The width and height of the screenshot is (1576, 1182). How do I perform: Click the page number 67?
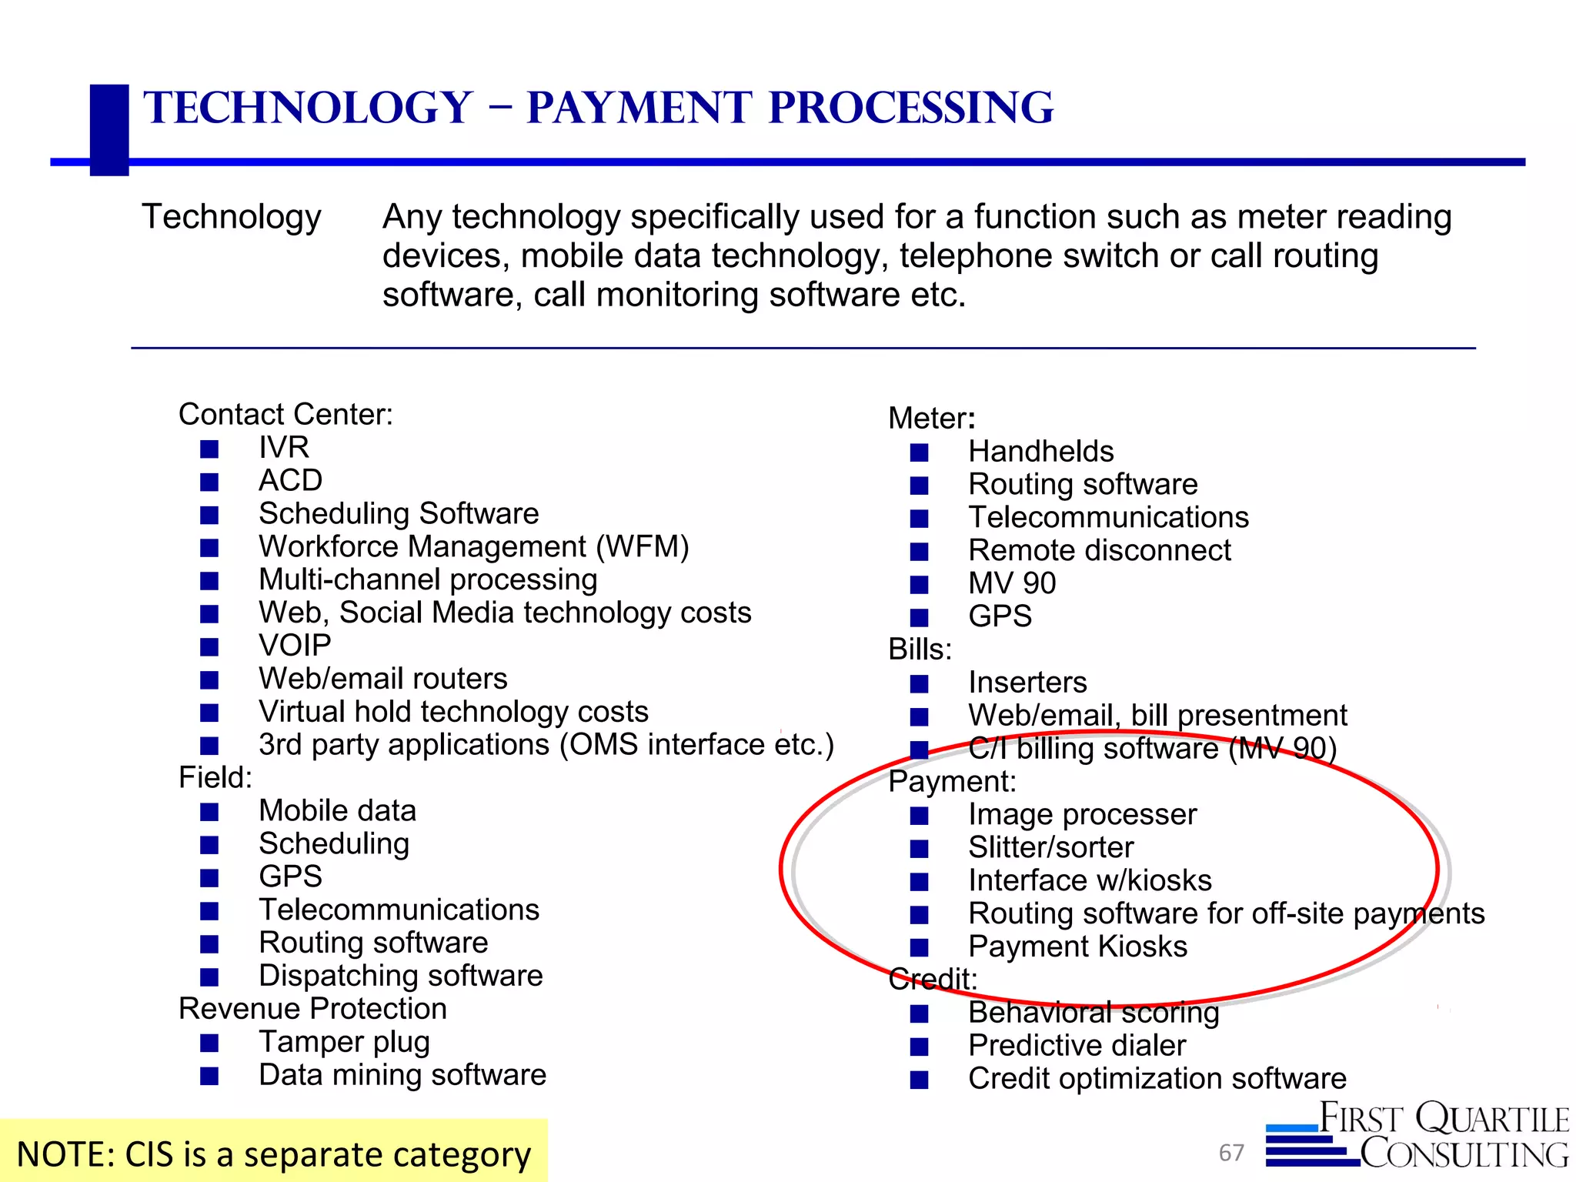point(1231,1152)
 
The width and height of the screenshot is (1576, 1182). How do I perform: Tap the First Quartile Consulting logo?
point(1417,1136)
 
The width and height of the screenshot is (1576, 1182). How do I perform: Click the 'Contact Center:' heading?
point(285,414)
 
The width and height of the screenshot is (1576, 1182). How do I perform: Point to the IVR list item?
point(284,447)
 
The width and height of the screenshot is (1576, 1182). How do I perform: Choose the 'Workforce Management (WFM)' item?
point(473,546)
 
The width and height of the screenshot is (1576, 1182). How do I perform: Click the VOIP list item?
point(295,645)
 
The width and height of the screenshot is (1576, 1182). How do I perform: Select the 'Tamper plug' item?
point(344,1042)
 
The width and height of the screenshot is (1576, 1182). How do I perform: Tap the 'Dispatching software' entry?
point(400,976)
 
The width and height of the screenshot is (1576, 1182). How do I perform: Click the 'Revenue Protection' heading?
point(312,1009)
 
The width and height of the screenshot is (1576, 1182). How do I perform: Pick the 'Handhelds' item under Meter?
point(1040,451)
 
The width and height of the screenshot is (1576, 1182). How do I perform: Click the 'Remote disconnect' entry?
point(1099,550)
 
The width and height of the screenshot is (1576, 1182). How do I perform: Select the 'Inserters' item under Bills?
point(1027,683)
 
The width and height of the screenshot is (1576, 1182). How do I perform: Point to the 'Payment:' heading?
point(952,781)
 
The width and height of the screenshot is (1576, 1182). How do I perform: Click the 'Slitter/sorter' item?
point(1050,847)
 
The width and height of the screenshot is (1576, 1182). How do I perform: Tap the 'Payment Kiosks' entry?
point(1077,947)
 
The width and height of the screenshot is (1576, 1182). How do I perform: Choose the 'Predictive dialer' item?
point(1077,1046)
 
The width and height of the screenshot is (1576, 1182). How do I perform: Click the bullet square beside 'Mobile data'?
point(209,812)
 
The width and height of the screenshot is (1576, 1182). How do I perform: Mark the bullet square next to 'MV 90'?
point(919,585)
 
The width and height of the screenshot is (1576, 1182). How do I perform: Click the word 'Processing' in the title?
point(911,108)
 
